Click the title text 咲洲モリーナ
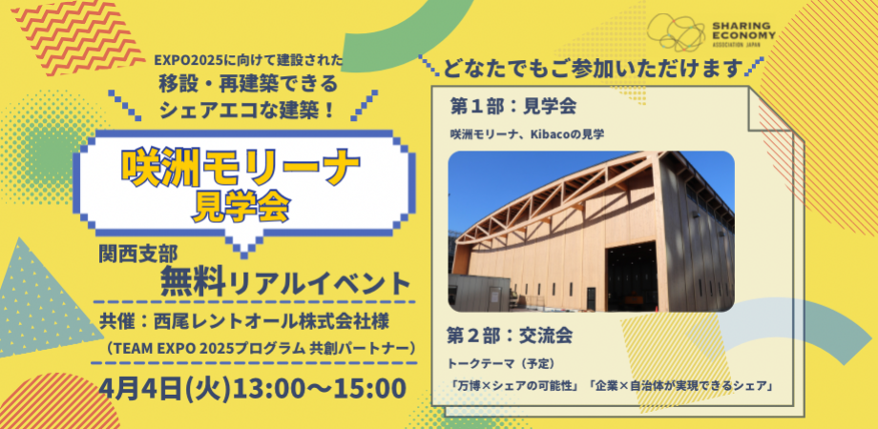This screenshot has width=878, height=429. pyautogui.click(x=240, y=168)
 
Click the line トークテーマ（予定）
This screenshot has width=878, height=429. pyautogui.click(x=501, y=363)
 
